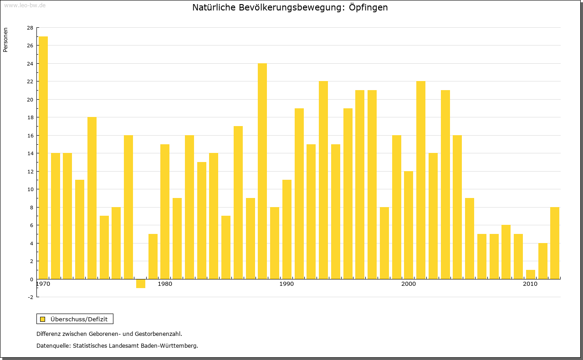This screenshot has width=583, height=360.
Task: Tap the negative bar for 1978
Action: [x=141, y=284]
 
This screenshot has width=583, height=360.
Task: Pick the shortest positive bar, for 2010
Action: [x=531, y=274]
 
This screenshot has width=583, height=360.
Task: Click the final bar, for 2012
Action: [x=555, y=243]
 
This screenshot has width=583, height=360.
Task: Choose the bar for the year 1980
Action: [x=165, y=212]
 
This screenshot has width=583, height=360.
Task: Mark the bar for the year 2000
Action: [x=409, y=225]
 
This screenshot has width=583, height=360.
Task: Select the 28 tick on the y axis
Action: [x=30, y=28]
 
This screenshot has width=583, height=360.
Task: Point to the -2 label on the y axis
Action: [x=30, y=297]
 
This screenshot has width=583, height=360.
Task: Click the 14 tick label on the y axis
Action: [x=30, y=153]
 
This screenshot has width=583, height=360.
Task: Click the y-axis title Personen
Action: [x=5, y=40]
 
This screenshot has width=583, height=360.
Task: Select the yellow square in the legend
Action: [x=43, y=319]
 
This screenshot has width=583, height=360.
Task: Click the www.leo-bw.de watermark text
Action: [x=25, y=5]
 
